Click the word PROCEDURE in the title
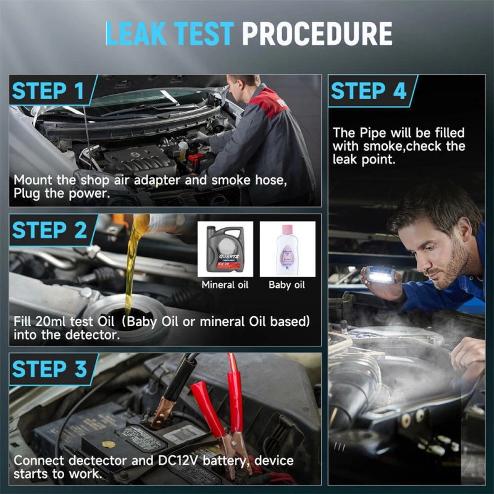317,33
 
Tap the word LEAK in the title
136,33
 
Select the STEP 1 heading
48,91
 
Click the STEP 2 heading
49,230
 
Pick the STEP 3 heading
49,369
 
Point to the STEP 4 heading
369,91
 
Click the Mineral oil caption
225,285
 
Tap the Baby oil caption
287,285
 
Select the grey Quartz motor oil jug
225,249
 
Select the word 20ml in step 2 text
51,322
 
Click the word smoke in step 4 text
383,146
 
